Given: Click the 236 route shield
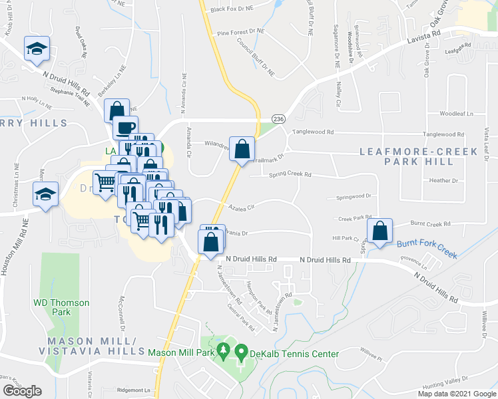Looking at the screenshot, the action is [x=278, y=118].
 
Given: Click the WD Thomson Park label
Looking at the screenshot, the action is [x=61, y=307].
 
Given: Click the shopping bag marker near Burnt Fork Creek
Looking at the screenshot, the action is [x=379, y=232].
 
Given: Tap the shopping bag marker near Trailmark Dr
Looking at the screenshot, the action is [x=242, y=150].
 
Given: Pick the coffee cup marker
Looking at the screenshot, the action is [x=124, y=127].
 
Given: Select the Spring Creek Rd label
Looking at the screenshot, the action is [x=290, y=175].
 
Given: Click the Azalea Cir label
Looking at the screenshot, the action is [x=242, y=208].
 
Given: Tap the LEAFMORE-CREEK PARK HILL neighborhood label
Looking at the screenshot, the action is [x=418, y=157].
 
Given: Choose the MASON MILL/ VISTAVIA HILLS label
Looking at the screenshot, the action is [x=91, y=346].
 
